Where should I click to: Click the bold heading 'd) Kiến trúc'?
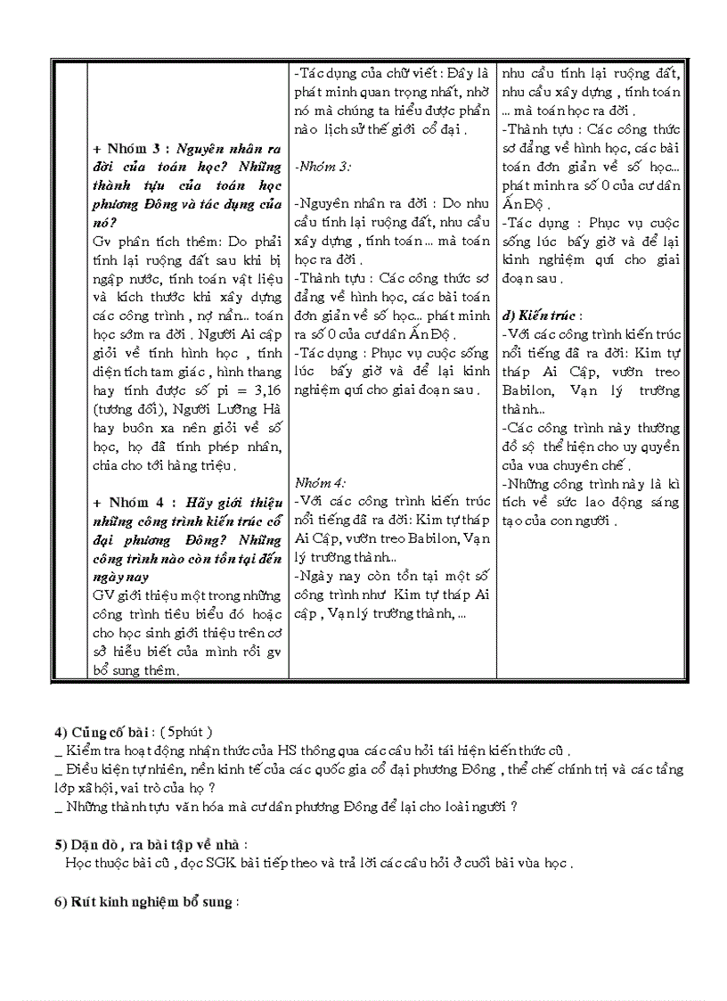click(541, 316)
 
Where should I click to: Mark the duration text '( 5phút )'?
click(187, 732)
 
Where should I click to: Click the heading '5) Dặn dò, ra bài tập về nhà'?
click(151, 844)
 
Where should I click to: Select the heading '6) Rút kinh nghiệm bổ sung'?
click(146, 901)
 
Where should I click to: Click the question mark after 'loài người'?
click(515, 807)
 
